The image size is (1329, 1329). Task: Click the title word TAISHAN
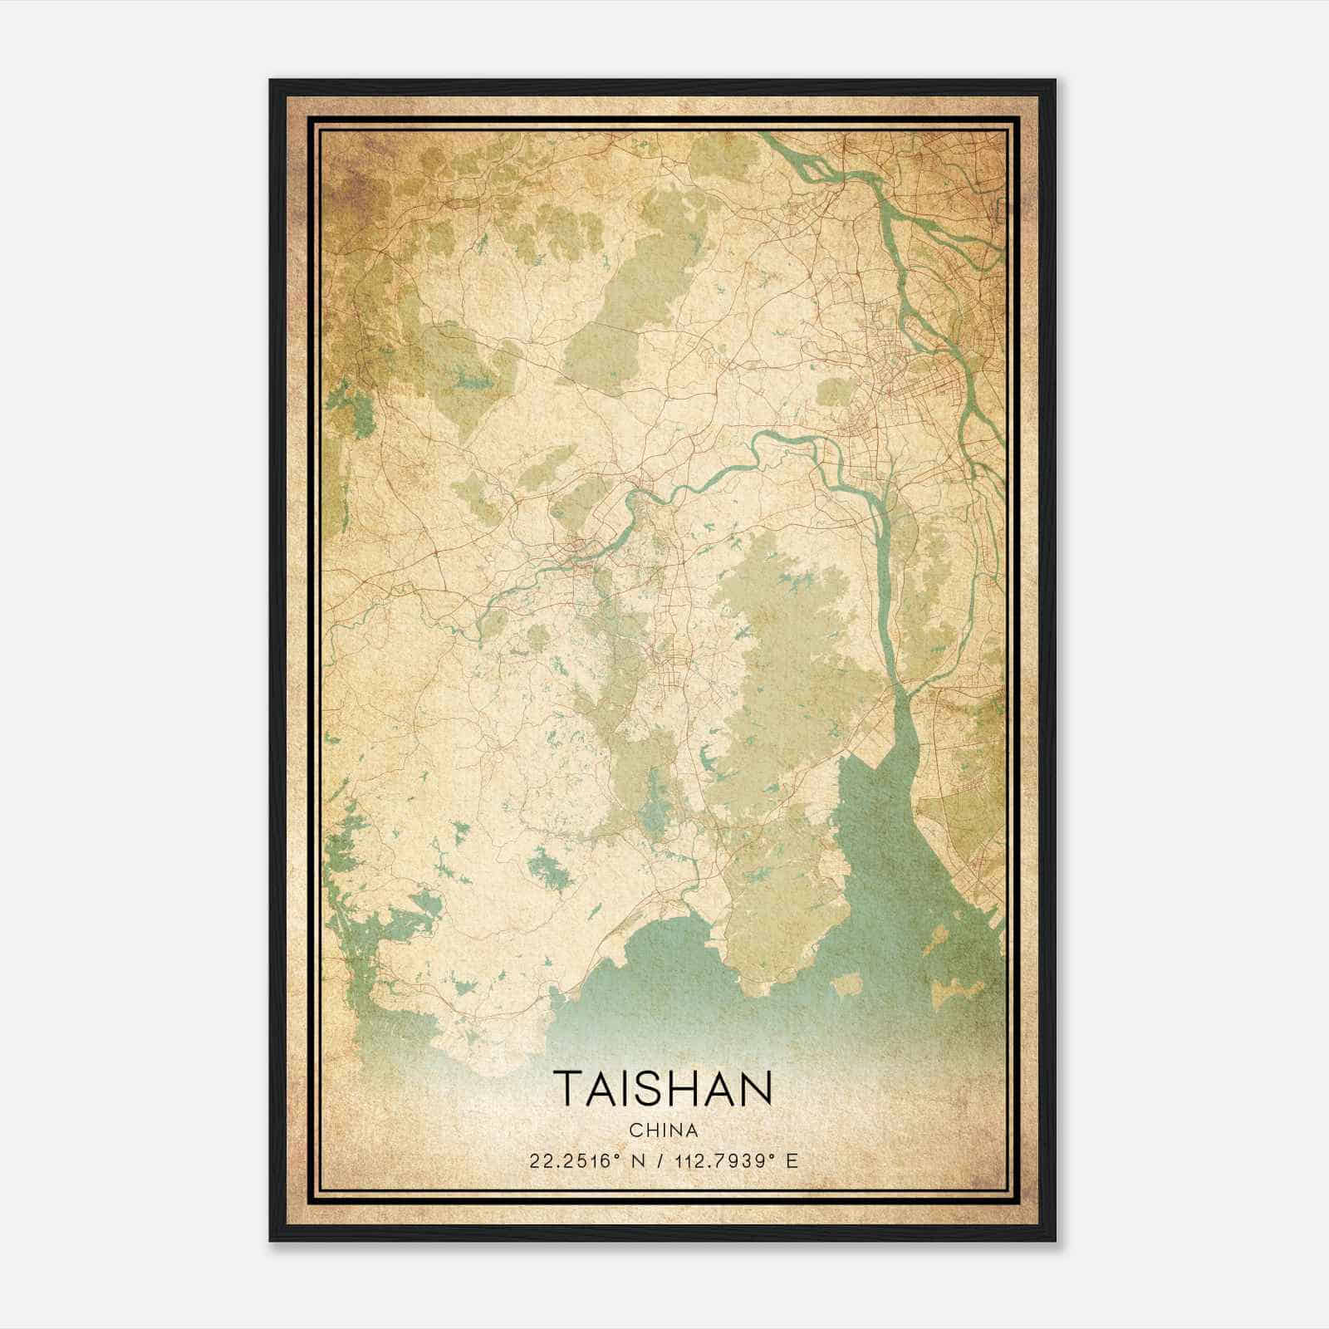pyautogui.click(x=663, y=1087)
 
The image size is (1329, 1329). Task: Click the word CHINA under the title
pyautogui.click(x=663, y=1130)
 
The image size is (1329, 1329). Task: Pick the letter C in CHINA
pyautogui.click(x=635, y=1130)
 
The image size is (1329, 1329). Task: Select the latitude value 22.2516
pyautogui.click(x=567, y=1161)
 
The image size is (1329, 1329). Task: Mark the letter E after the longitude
pyautogui.click(x=792, y=1161)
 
